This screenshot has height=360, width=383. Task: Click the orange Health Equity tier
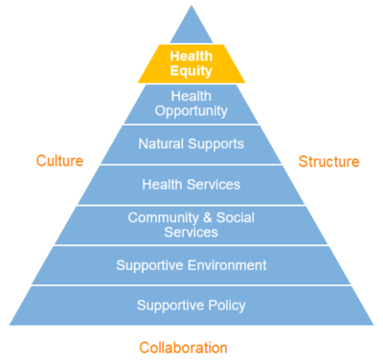pyautogui.click(x=191, y=63)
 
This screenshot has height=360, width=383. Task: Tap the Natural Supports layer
pyautogui.click(x=191, y=145)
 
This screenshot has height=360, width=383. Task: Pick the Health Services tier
pyautogui.click(x=191, y=184)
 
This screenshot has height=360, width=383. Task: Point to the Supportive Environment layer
pyautogui.click(x=191, y=265)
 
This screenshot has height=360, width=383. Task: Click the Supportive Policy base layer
pyautogui.click(x=191, y=305)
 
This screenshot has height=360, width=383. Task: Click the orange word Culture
pyautogui.click(x=59, y=161)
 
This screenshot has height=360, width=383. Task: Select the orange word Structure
pyautogui.click(x=328, y=161)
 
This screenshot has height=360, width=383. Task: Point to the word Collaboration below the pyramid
pyautogui.click(x=184, y=347)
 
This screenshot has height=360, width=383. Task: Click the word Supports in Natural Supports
pyautogui.click(x=215, y=145)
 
